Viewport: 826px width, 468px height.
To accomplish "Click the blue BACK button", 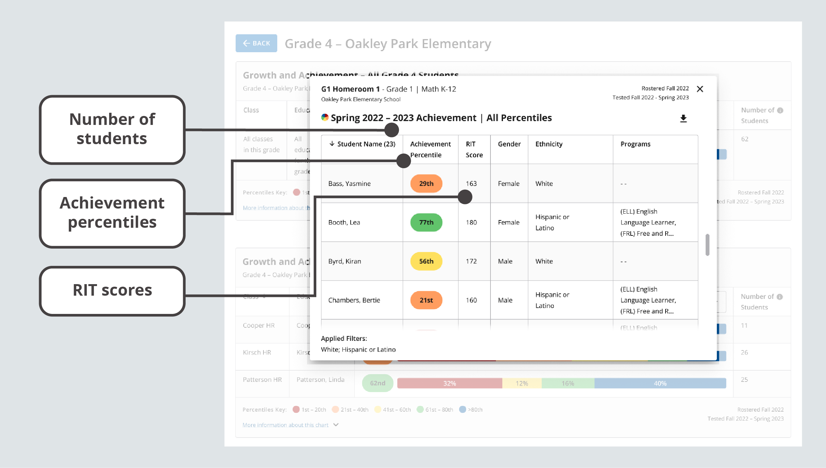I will pos(256,43).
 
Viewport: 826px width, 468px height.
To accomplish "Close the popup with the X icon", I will pos(700,89).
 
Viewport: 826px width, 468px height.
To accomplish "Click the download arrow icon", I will pos(683,119).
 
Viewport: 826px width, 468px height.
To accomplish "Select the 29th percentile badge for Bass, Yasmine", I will pos(426,184).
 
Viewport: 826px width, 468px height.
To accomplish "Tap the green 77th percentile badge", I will pos(426,222).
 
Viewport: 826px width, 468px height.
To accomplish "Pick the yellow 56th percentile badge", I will pos(426,261).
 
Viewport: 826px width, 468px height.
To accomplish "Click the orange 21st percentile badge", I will pos(426,300).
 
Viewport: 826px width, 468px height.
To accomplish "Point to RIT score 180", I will pos(471,222).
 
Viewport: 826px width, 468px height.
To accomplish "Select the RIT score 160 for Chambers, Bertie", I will pos(471,300).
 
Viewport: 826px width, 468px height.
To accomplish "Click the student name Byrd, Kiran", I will pos(344,261).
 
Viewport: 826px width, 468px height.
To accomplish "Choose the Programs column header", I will pos(635,144).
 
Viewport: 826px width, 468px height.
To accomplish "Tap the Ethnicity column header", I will pos(548,144).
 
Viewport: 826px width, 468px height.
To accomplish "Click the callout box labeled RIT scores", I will pos(112,291).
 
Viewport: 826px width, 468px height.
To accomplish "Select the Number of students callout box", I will pos(112,129).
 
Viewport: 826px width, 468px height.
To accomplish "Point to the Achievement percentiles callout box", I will pos(112,213).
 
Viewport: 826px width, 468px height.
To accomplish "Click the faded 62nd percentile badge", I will pos(377,383).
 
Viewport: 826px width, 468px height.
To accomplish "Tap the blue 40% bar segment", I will pos(660,383).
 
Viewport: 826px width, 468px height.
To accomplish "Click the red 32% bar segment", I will pos(449,383).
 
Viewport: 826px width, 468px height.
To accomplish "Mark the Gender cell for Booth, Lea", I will pos(508,222).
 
